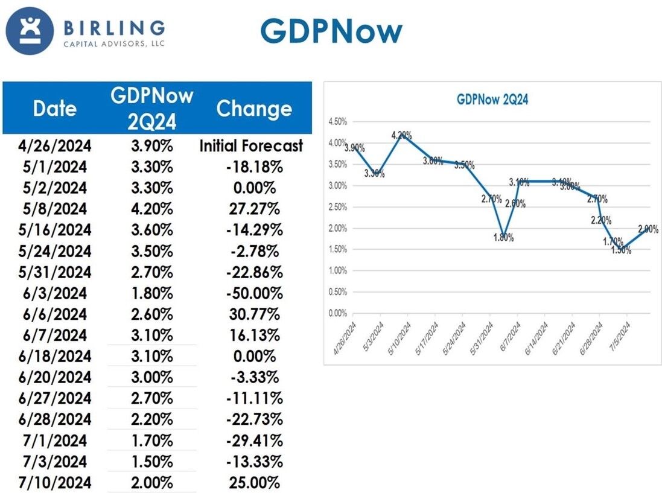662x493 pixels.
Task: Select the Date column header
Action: click(x=55, y=109)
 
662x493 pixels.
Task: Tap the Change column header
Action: click(x=254, y=109)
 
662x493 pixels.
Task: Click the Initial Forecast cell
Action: click(x=252, y=146)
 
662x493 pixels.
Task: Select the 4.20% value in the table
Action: click(x=152, y=209)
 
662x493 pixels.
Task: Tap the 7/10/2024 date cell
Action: click(x=55, y=483)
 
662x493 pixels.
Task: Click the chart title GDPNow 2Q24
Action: click(x=492, y=100)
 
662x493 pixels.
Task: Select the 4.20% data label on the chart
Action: click(x=401, y=135)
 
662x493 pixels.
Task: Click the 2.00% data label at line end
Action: click(x=648, y=229)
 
